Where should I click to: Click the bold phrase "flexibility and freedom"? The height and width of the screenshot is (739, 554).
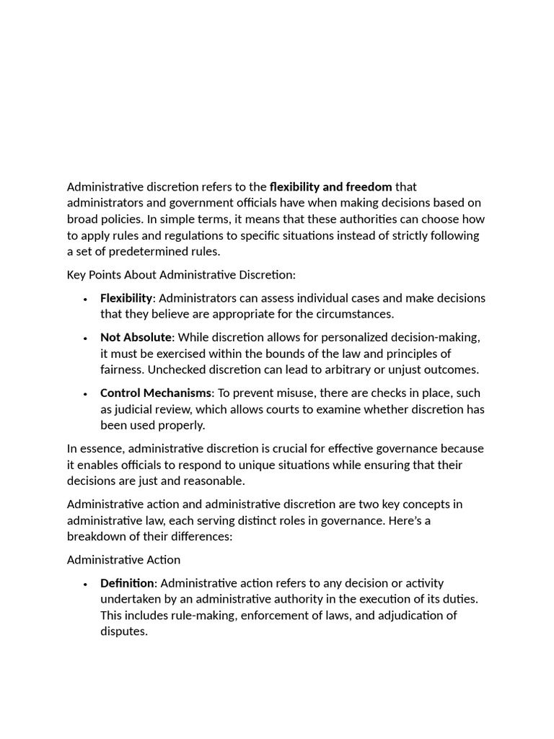[x=330, y=187]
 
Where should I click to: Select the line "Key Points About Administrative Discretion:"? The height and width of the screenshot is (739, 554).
[x=181, y=275]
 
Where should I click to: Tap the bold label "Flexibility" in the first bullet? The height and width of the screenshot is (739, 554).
[x=126, y=298]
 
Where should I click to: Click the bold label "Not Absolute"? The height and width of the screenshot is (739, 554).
[x=136, y=338]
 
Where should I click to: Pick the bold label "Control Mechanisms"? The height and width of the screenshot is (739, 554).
[x=156, y=393]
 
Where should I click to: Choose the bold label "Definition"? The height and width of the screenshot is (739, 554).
[x=127, y=583]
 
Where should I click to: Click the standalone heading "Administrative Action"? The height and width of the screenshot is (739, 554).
[x=123, y=560]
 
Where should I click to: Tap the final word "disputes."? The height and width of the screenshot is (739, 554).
[x=123, y=631]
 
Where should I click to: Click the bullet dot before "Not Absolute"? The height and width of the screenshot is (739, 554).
[x=85, y=338]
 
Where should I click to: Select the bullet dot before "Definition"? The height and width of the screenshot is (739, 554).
[x=85, y=584]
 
